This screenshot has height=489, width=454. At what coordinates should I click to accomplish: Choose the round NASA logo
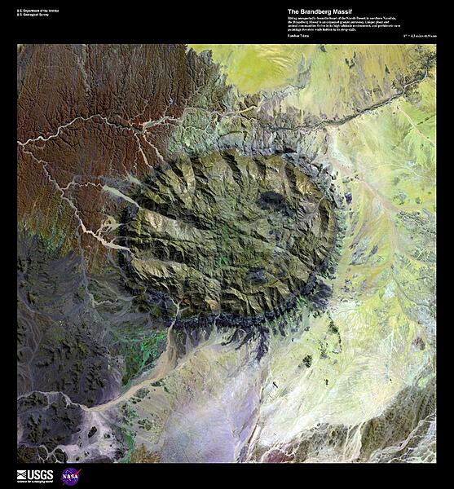tap(71, 476)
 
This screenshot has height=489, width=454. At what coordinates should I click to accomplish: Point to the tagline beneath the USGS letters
tap(35, 481)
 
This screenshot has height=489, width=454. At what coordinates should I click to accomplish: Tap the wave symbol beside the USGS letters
tap(22, 474)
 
